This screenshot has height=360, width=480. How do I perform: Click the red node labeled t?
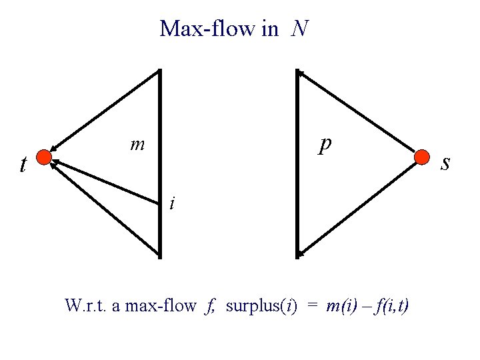point(44,158)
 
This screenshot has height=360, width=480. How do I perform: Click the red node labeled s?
point(422,158)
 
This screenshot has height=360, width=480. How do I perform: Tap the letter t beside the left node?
point(24,164)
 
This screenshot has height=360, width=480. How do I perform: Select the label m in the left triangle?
point(138,144)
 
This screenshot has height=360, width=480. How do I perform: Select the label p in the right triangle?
point(325,145)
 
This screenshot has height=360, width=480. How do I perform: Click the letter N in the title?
point(300,29)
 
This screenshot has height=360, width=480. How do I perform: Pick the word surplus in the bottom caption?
point(251,306)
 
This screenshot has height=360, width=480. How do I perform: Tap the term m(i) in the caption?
point(341,306)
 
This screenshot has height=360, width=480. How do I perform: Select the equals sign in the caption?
point(312,306)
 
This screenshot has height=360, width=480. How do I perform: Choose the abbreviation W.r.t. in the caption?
point(83,306)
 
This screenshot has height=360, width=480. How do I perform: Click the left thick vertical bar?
point(160,163)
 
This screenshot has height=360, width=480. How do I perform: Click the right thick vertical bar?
point(297,163)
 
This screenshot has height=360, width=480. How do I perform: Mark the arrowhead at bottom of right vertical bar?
point(301,253)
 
